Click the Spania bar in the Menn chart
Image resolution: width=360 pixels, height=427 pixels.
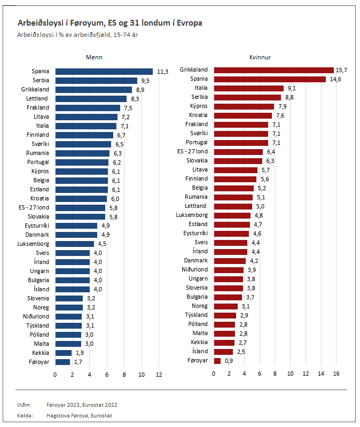click(x=104, y=72)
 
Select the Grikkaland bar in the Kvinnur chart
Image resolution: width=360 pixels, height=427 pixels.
click(x=273, y=70)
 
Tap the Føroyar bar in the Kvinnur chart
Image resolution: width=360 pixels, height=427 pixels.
click(x=217, y=361)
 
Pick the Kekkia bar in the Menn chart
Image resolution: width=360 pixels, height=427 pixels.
click(x=64, y=353)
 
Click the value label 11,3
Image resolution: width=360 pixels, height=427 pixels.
click(x=163, y=72)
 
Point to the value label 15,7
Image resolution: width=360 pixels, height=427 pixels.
click(x=342, y=70)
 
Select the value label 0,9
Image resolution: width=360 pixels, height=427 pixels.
click(x=228, y=361)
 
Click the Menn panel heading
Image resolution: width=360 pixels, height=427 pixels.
click(x=95, y=57)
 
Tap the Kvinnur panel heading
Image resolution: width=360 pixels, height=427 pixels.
click(x=260, y=57)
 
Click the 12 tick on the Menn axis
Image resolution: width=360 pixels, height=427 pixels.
click(x=159, y=375)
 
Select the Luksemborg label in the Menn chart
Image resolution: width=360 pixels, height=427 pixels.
click(x=33, y=244)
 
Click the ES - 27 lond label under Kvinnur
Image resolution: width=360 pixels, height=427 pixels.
click(x=192, y=152)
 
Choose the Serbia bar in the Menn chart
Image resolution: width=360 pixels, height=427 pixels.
click(x=96, y=81)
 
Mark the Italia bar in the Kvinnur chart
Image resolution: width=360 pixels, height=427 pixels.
click(x=248, y=88)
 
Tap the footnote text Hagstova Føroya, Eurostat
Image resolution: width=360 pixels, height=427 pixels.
click(x=80, y=415)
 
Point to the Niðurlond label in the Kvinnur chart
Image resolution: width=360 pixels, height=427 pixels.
click(x=194, y=270)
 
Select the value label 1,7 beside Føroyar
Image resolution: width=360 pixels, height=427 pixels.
click(x=78, y=362)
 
